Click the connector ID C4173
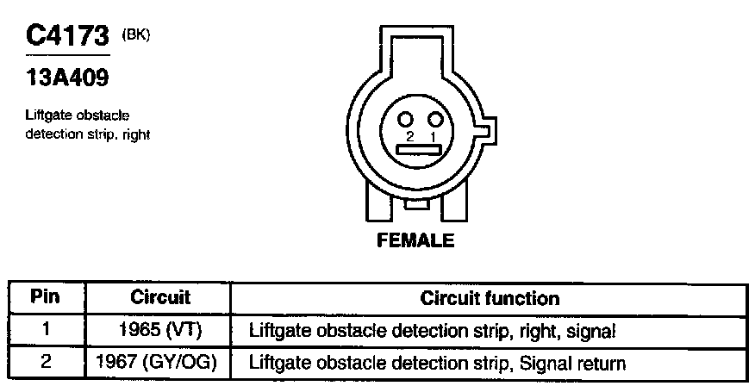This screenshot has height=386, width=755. [x=67, y=37]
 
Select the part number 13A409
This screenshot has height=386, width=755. [x=67, y=78]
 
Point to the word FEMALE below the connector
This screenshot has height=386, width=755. [x=415, y=241]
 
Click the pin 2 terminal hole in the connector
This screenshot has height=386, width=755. [x=409, y=119]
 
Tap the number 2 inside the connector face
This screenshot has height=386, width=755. [x=411, y=136]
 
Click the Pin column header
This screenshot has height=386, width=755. [x=45, y=298]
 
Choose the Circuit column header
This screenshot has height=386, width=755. [x=159, y=298]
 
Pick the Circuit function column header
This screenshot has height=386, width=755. [x=489, y=298]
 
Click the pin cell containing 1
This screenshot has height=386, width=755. [x=46, y=330]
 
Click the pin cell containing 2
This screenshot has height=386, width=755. [x=46, y=362]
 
